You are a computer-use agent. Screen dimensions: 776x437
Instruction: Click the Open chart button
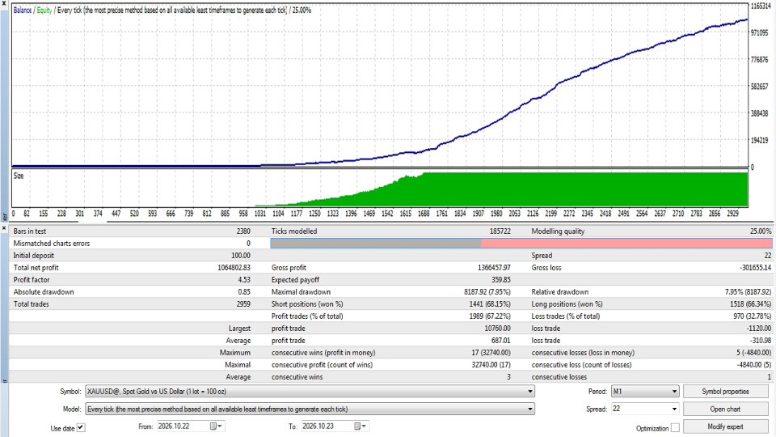point(725,409)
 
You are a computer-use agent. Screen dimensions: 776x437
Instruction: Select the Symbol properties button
point(725,392)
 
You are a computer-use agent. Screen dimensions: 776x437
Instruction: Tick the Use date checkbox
point(81,427)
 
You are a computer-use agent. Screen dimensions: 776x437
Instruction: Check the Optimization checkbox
point(675,427)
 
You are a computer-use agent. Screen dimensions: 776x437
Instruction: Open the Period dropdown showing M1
point(645,392)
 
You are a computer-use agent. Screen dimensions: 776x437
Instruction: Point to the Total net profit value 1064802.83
point(234,268)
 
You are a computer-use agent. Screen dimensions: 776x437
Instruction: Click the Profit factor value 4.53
point(244,280)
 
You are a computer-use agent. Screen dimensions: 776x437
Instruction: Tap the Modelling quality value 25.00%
point(761,231)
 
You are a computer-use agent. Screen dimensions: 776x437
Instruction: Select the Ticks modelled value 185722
point(500,231)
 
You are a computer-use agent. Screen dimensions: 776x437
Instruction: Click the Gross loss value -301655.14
point(755,268)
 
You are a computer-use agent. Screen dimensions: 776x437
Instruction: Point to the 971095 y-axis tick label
point(759,32)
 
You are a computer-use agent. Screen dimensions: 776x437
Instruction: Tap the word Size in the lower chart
point(19,176)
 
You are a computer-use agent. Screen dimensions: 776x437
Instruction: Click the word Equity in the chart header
point(44,10)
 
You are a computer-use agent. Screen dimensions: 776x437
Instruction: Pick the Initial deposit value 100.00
point(241,256)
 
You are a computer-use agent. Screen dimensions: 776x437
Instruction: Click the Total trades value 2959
point(243,304)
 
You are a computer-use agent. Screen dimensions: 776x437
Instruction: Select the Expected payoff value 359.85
point(501,280)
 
